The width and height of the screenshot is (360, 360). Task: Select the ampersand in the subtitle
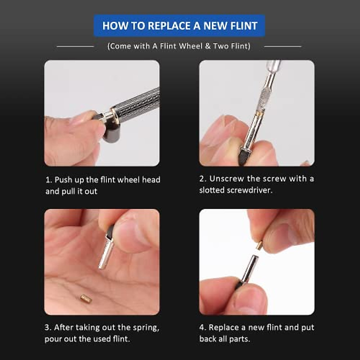[x=207, y=46]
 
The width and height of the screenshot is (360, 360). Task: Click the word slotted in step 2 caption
[x=212, y=190]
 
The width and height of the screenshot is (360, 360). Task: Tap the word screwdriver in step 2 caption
[x=250, y=190]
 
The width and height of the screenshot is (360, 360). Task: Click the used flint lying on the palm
[x=86, y=298]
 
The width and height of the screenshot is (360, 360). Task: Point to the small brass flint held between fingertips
[x=259, y=245]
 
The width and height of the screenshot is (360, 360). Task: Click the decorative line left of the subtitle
[x=75, y=46]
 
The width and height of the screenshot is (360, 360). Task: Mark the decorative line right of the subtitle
[x=283, y=46]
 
